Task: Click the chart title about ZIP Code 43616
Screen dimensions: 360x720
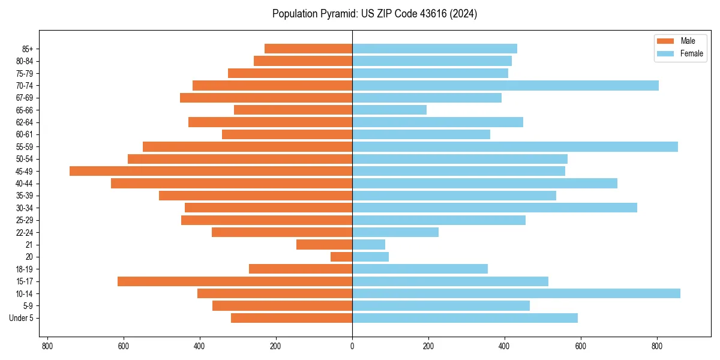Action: (374, 14)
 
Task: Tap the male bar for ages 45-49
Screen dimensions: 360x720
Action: (211, 171)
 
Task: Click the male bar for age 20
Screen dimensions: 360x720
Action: (341, 257)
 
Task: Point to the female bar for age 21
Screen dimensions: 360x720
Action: (368, 245)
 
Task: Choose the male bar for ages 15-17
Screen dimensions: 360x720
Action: (235, 281)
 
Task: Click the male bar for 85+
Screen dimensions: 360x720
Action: (308, 49)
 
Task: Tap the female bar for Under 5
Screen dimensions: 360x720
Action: (465, 318)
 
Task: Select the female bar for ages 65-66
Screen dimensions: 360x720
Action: (389, 110)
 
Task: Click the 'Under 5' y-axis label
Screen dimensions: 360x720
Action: (21, 318)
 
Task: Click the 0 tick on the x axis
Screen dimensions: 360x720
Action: (352, 346)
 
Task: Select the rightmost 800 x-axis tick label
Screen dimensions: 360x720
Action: (657, 346)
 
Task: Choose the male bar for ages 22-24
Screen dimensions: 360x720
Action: (282, 232)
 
